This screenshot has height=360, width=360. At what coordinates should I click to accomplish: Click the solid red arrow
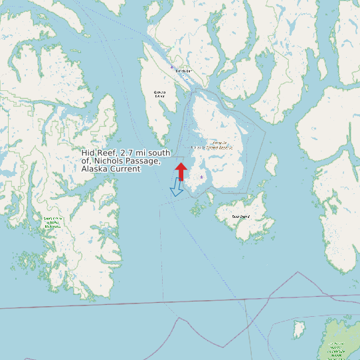pyautogui.click(x=180, y=170)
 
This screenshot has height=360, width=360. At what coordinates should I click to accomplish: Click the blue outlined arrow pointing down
pyautogui.click(x=177, y=188)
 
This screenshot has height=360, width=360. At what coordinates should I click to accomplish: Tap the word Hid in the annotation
pyautogui.click(x=88, y=153)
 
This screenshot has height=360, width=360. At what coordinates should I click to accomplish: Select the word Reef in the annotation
pyautogui.click(x=108, y=153)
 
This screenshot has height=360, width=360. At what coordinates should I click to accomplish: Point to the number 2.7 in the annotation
pyautogui.click(x=132, y=153)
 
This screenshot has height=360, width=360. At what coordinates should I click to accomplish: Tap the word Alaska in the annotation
pyautogui.click(x=94, y=169)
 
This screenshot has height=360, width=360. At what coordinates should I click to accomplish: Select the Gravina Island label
pyautogui.click(x=159, y=94)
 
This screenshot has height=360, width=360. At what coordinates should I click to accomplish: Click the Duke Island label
pyautogui.click(x=240, y=217)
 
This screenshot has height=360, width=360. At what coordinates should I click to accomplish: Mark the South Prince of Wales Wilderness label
pyautogui.click(x=52, y=222)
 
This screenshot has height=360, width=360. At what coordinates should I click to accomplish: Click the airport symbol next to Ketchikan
pyautogui.click(x=172, y=67)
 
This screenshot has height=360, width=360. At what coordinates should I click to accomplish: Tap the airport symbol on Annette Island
pyautogui.click(x=201, y=177)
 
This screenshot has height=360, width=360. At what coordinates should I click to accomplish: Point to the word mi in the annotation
pyautogui.click(x=146, y=153)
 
